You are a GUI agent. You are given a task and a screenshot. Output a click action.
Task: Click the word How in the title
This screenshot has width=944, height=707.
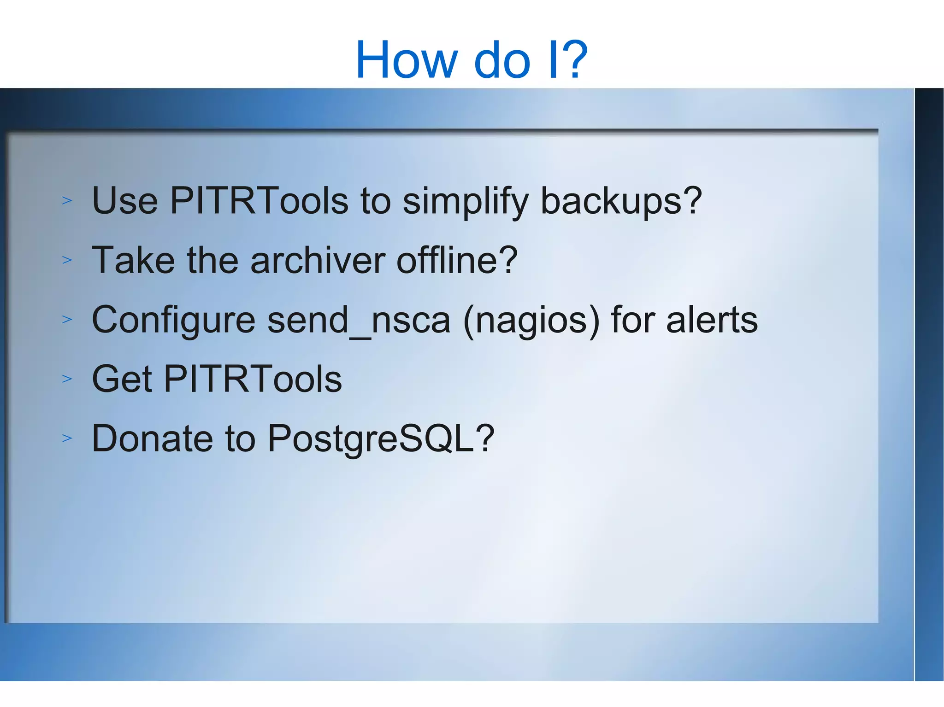pyautogui.click(x=407, y=60)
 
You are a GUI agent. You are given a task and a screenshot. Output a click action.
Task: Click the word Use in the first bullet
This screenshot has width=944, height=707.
pyautogui.click(x=125, y=201)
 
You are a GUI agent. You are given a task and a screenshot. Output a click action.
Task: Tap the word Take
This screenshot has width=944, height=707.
pyautogui.click(x=133, y=260)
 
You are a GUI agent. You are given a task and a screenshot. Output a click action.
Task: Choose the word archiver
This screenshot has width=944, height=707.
pyautogui.click(x=317, y=260)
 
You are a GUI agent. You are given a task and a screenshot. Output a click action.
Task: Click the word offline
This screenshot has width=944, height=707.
pyautogui.click(x=449, y=260)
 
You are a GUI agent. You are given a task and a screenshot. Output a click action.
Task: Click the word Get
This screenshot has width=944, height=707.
pyautogui.click(x=122, y=379)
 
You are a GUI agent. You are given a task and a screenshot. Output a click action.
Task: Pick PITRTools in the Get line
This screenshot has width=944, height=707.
pyautogui.click(x=253, y=379)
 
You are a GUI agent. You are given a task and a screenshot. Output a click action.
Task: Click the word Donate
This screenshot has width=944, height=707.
pyautogui.click(x=152, y=438)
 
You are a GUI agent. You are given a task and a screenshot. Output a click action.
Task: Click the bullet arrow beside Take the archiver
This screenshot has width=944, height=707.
pyautogui.click(x=67, y=260)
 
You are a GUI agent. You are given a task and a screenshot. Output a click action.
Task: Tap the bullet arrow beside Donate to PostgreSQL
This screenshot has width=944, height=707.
pyautogui.click(x=67, y=438)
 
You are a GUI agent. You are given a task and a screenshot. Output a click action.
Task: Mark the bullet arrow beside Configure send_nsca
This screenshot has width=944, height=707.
pyautogui.click(x=67, y=320)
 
